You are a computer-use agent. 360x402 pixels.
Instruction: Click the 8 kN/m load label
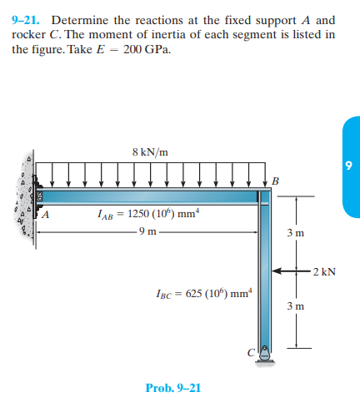tap(150, 151)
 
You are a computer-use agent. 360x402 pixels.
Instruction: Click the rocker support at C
tap(265, 353)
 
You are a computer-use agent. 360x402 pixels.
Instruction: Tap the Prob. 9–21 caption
tap(172, 388)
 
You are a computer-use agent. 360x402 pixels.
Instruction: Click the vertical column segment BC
tap(265, 275)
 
